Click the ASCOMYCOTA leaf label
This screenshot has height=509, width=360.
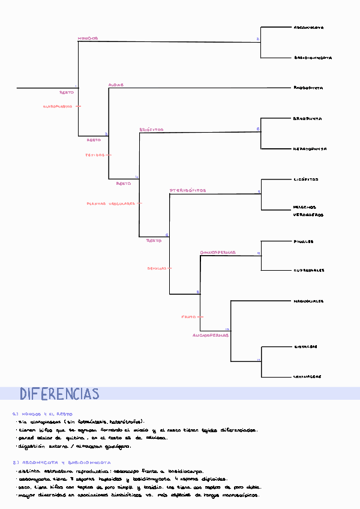(308, 28)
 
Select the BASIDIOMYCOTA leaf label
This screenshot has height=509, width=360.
(313, 58)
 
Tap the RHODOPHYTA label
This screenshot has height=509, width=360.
(308, 88)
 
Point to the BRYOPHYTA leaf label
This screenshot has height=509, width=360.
(307, 119)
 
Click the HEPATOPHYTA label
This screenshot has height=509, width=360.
(310, 148)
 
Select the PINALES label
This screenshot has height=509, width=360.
(304, 241)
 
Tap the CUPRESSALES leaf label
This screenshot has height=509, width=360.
(308, 270)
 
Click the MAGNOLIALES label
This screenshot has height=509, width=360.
(308, 301)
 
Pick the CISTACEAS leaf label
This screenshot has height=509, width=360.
(305, 346)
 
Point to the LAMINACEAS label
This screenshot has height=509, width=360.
(307, 376)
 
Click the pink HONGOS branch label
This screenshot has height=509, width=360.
(88, 38)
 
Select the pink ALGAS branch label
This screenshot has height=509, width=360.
(116, 85)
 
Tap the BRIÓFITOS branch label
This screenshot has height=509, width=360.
(151, 130)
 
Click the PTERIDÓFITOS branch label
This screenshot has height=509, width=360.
(188, 190)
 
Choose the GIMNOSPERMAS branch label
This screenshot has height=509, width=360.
(218, 252)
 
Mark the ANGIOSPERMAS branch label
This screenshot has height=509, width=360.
(211, 335)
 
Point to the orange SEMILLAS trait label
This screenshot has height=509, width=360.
(157, 268)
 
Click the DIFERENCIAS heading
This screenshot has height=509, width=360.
(59, 394)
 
